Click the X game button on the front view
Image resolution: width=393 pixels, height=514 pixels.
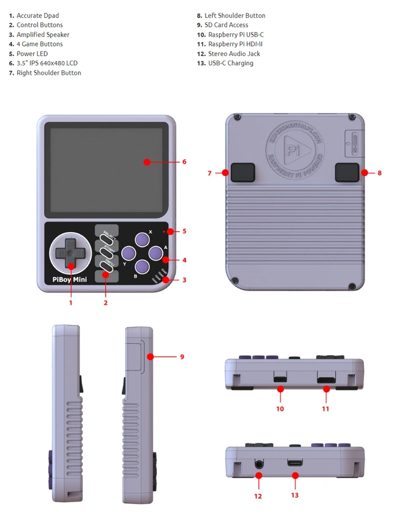pos(143,240)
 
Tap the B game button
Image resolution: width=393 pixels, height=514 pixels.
pos(142,267)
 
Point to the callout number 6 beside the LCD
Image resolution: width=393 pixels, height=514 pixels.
pos(184,162)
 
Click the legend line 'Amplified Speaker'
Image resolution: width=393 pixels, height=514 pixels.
pos(43,35)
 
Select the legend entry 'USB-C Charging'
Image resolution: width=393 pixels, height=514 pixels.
pos(230,63)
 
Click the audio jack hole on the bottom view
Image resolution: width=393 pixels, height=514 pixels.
pos(259,463)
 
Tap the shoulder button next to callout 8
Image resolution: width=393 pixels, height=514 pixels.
pos(347,172)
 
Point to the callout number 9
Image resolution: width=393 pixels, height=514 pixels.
pos(182,356)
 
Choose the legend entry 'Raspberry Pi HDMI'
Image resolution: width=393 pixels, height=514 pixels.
pos(235,44)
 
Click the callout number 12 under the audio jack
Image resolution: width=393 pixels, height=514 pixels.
pos(258,496)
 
